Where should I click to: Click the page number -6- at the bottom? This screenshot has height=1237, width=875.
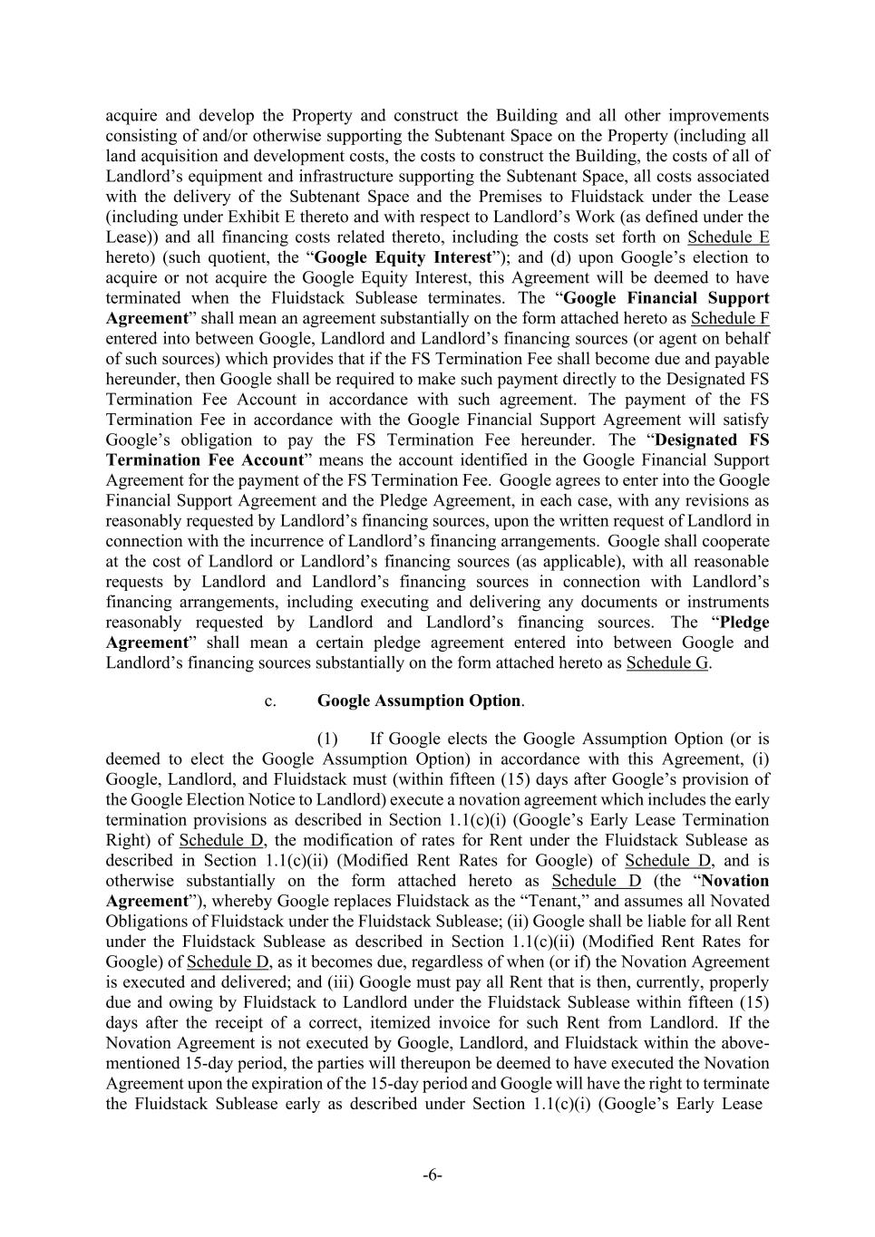point(433,1175)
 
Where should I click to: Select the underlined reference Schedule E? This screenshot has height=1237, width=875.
point(728,237)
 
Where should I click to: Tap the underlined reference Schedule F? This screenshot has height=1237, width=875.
point(730,318)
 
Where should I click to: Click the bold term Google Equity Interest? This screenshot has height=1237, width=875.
point(403,257)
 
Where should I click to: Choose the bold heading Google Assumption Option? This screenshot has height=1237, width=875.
point(419,701)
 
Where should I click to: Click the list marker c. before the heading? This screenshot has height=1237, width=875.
point(270,701)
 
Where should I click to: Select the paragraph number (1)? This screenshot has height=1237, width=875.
point(327,739)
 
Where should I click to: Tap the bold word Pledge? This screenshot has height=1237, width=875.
point(744,623)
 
